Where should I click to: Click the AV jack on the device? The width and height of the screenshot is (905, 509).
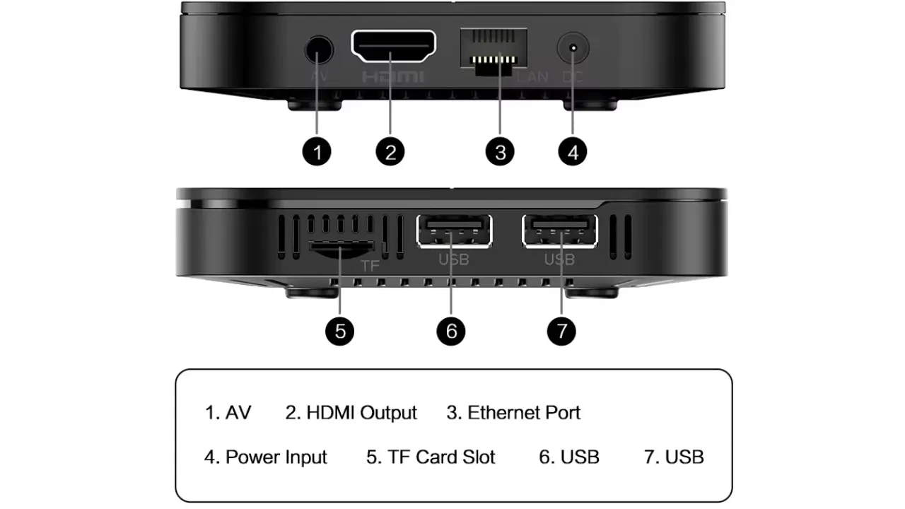click(319, 49)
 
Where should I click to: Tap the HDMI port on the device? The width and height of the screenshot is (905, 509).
click(394, 47)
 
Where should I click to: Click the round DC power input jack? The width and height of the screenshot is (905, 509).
click(573, 47)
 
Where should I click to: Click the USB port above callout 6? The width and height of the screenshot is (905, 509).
click(454, 231)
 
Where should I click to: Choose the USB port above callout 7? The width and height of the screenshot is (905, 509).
click(560, 231)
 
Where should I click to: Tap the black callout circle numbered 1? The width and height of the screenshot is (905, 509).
click(317, 152)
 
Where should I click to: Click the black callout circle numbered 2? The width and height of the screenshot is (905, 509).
click(390, 152)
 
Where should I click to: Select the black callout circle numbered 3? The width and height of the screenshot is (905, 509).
click(500, 152)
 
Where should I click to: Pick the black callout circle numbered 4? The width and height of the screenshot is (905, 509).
click(573, 152)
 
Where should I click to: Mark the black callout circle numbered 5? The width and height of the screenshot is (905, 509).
click(340, 332)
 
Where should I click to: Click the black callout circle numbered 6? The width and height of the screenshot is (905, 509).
click(451, 332)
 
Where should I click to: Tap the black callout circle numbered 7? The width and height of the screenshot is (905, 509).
click(561, 332)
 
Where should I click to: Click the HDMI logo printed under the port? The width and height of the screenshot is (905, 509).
click(393, 77)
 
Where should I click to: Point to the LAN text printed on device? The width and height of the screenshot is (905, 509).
click(533, 76)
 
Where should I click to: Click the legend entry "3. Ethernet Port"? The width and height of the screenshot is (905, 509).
click(513, 413)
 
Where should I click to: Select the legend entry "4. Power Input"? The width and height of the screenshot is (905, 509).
click(265, 457)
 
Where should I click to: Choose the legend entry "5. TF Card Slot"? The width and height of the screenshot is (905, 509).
click(431, 457)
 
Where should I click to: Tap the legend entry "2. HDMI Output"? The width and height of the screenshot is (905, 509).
click(351, 413)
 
